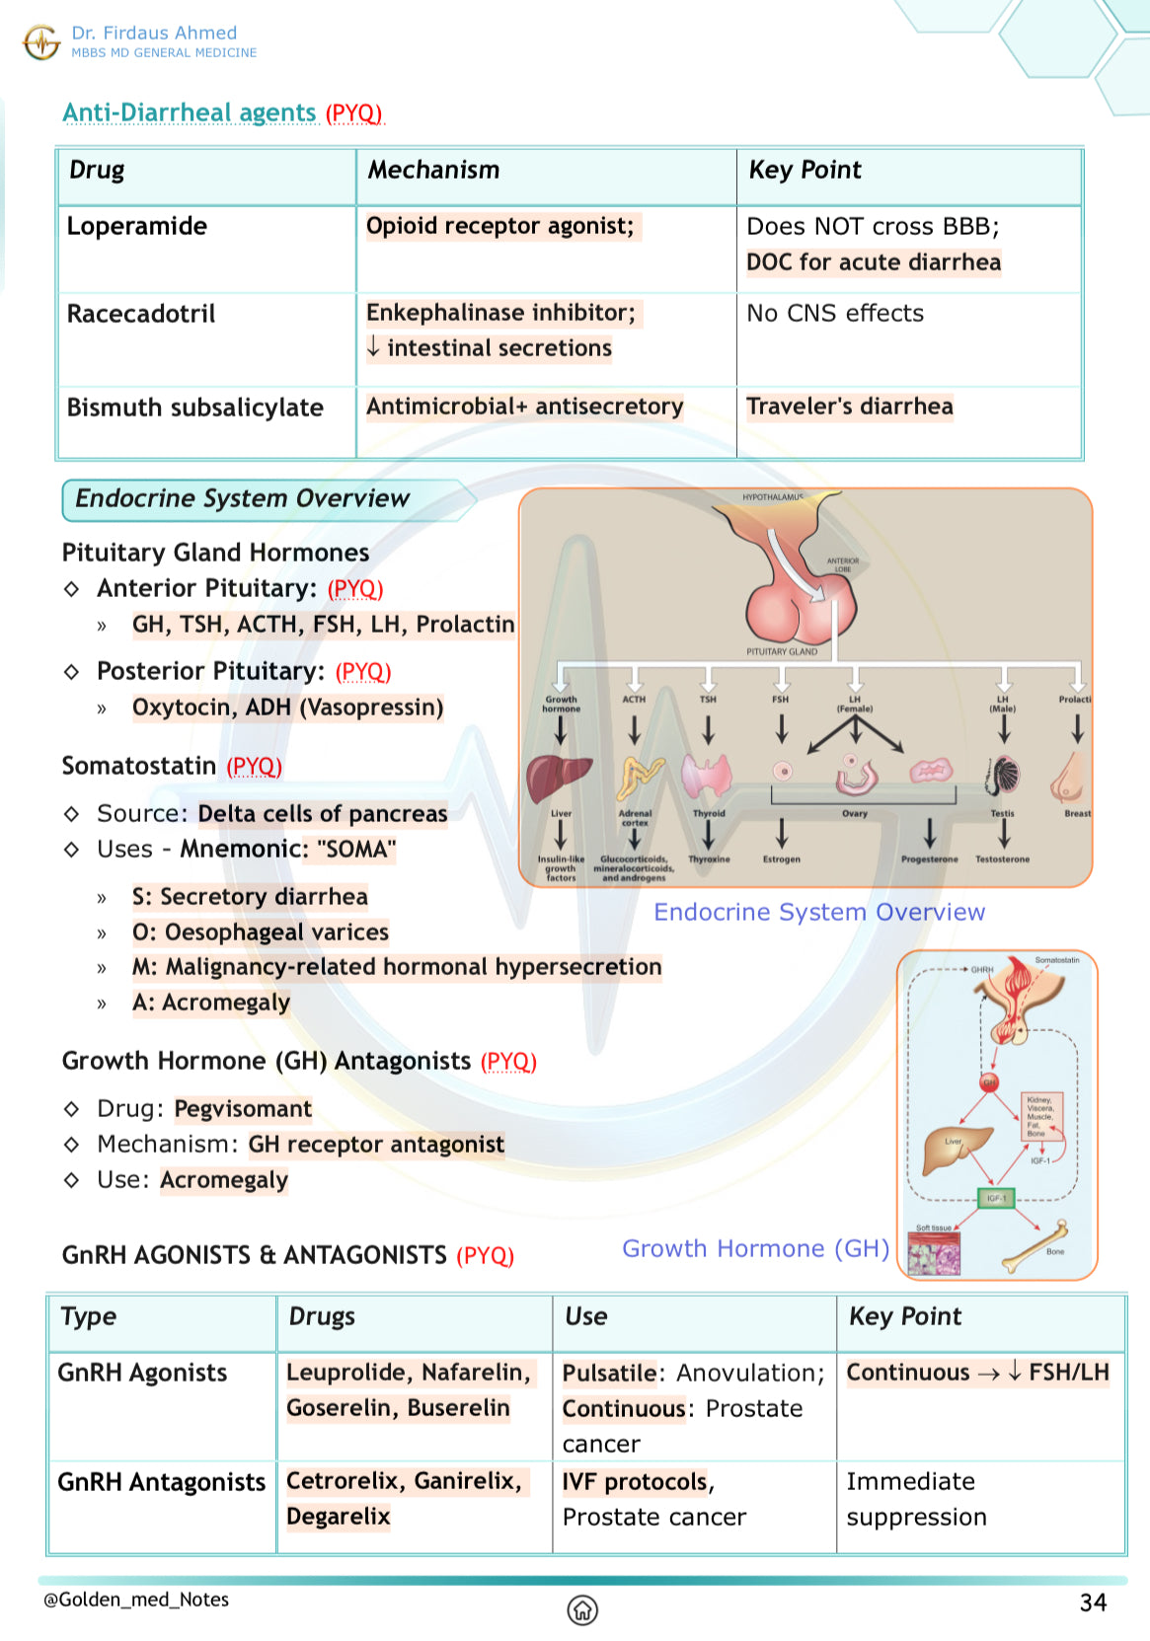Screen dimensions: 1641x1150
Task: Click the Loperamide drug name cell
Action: tap(137, 227)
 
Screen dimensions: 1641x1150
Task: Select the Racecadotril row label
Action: tap(141, 314)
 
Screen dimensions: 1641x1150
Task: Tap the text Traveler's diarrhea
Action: tap(850, 407)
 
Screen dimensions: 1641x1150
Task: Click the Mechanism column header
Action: tap(434, 171)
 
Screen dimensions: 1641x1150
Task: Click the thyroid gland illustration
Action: tap(708, 777)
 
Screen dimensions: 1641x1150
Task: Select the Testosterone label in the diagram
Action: tap(1002, 859)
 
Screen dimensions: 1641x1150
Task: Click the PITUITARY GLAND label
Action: tap(782, 651)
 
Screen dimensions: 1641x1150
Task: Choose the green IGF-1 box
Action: tap(996, 1198)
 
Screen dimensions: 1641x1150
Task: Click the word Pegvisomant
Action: tap(243, 1109)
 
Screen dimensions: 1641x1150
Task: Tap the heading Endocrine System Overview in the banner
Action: tap(243, 499)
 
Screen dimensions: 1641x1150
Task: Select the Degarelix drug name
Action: tap(339, 1517)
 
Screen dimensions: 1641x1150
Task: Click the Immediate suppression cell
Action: tap(915, 1500)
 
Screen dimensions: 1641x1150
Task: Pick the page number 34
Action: tap(1093, 1603)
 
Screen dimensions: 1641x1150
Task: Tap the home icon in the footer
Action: tap(582, 1609)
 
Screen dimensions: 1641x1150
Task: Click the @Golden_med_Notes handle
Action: tap(136, 1600)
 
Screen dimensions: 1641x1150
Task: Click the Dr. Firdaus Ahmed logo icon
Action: tap(41, 42)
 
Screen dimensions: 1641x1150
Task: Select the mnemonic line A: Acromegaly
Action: tap(211, 1003)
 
